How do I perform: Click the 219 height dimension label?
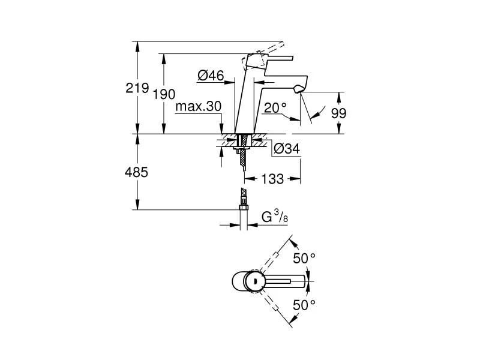[137, 88]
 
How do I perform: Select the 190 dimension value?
[164, 95]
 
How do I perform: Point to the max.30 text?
[199, 107]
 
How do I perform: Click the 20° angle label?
[275, 107]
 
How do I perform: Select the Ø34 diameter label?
[287, 149]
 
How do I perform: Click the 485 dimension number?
[137, 172]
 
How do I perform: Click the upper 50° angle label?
[304, 259]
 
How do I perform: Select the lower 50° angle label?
[304, 305]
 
